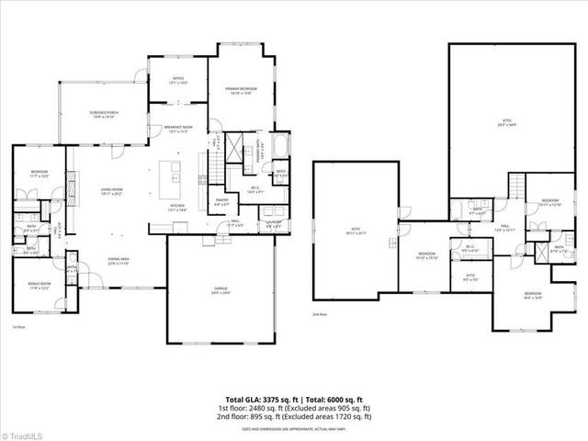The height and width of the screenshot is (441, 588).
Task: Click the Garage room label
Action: click(220, 290)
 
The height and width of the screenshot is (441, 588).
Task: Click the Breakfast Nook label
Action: click(178, 129)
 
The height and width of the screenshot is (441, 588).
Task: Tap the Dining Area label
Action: click(118, 261)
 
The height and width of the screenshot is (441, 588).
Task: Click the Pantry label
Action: click(221, 201)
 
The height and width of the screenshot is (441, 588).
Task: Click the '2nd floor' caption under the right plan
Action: click(320, 314)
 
